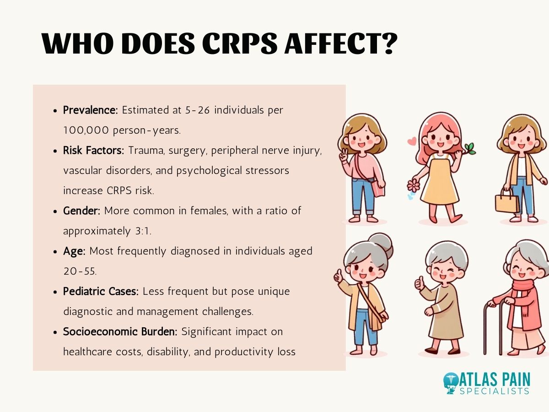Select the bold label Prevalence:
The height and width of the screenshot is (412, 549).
(x=91, y=110)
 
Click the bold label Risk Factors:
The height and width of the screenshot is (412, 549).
(x=93, y=151)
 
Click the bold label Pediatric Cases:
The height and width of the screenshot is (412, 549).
(x=101, y=292)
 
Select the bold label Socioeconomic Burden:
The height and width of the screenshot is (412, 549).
(x=121, y=332)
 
